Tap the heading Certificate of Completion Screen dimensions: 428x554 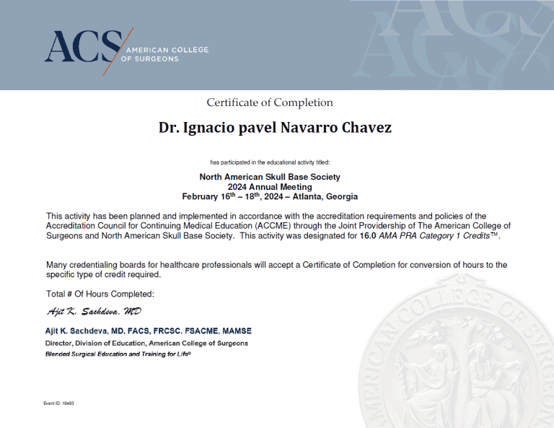[x=270, y=102]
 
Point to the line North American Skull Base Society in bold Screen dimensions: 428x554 [x=269, y=177]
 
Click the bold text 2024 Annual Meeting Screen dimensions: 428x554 [x=269, y=186]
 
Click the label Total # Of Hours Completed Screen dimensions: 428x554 [x=100, y=294]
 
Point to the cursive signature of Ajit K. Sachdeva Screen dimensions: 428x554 [x=93, y=312]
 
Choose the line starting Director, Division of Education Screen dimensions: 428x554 [x=146, y=343]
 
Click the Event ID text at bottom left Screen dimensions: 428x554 [x=59, y=403]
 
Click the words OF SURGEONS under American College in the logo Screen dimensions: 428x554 [x=152, y=59]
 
